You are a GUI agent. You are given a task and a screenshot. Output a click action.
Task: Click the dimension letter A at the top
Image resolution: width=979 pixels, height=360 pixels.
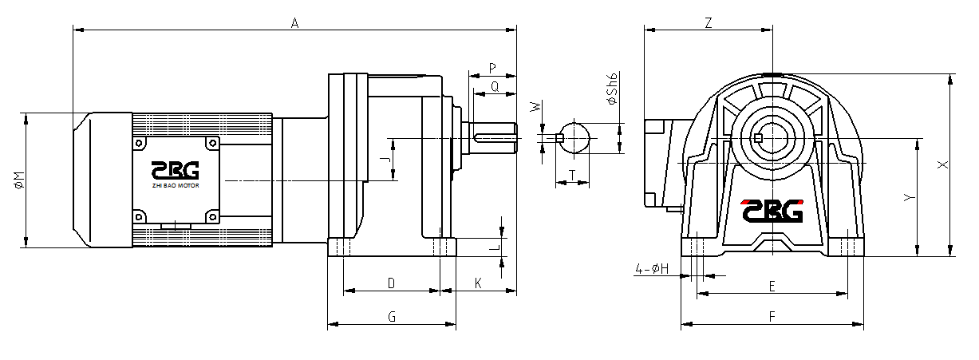coord(294,24)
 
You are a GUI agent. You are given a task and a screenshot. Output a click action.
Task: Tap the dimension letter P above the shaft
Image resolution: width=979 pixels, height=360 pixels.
coord(492,67)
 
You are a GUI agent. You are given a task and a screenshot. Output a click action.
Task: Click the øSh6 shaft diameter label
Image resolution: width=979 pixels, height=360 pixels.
coord(613,89)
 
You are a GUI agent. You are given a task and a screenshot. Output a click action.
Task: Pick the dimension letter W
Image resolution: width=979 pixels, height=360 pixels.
coord(537,105)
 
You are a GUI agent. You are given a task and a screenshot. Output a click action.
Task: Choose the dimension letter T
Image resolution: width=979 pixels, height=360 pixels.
coord(572,174)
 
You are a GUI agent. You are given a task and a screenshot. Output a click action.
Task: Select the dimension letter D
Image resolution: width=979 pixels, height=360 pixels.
coord(391,283)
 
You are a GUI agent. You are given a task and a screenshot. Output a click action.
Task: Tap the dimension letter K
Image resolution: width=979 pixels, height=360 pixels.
coord(479,283)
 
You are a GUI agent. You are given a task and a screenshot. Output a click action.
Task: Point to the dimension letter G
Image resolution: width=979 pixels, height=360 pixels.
coord(392,317)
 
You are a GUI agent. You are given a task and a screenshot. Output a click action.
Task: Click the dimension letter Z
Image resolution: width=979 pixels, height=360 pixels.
coord(709,23)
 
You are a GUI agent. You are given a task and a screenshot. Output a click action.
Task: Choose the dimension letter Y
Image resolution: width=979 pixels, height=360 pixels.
coord(908,197)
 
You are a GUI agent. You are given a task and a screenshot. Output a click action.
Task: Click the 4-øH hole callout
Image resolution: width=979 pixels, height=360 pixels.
coord(652,269)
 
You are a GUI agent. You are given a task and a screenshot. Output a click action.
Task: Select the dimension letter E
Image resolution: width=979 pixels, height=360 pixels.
coord(772,286)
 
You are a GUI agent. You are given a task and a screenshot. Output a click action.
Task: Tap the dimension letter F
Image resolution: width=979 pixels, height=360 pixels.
coord(772,317)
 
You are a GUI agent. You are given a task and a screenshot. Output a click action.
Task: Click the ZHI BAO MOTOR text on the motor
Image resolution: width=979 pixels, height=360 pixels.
coord(176,186)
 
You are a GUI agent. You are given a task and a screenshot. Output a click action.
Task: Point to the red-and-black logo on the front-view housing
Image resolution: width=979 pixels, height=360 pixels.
coord(771,210)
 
